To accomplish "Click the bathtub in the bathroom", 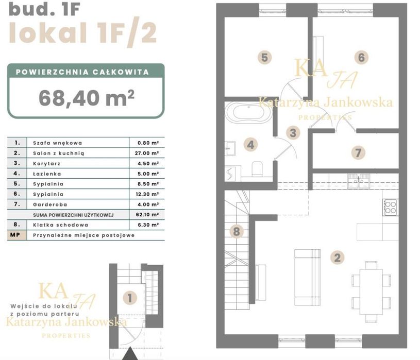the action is [248, 112].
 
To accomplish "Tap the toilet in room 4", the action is [257, 169].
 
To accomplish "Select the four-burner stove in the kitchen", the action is [390, 207].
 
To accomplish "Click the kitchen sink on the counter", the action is [359, 181].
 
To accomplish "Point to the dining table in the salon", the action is [371, 292].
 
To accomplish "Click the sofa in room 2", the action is [307, 277].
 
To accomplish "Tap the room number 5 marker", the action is [264, 58].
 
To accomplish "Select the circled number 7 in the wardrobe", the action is [358, 153].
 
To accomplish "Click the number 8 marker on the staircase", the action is [236, 232].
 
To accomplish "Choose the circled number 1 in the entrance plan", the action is [130, 298].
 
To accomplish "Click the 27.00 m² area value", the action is [147, 153].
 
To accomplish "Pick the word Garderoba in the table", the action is [50, 204].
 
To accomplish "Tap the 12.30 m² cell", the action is [147, 194].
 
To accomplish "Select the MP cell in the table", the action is [15, 235].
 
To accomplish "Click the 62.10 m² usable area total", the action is [147, 215].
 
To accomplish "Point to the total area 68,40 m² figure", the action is [87, 98].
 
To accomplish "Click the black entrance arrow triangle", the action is [130, 353].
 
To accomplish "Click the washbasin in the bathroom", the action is [230, 148].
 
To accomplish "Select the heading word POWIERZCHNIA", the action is [52, 72].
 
